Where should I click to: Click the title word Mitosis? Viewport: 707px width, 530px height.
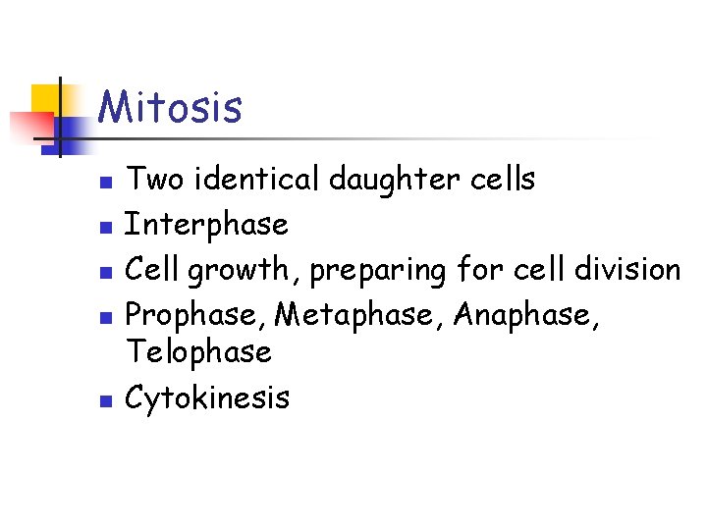(x=170, y=107)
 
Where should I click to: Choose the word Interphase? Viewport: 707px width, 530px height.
(x=207, y=225)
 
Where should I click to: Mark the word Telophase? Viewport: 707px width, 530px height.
(x=199, y=350)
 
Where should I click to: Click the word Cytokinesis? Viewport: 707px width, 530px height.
(x=208, y=397)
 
